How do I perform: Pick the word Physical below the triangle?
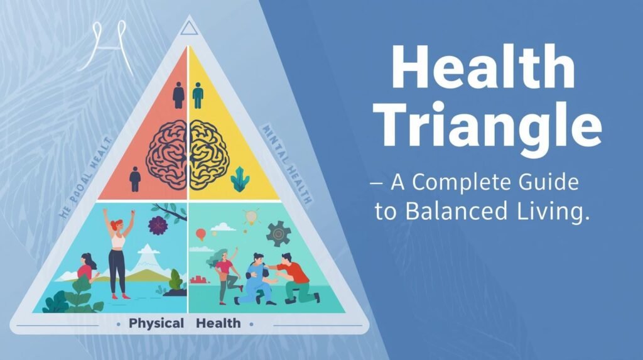click(156, 324)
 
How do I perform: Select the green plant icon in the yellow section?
click(240, 181)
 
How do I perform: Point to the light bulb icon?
click(251, 217)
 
